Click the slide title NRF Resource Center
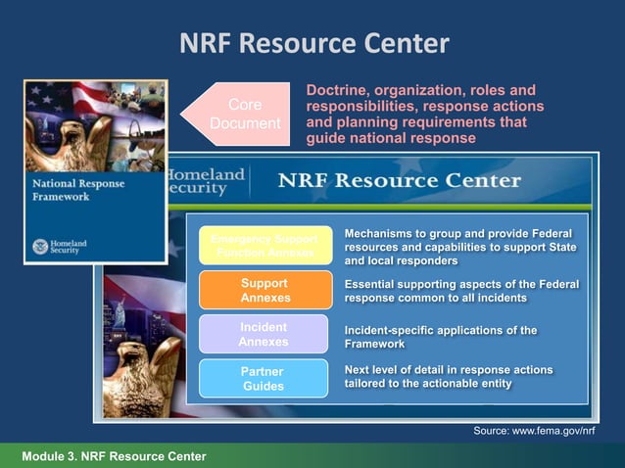(314, 44)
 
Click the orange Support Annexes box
(263, 290)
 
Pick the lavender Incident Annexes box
(263, 334)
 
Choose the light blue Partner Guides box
(263, 378)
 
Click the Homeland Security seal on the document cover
(40, 247)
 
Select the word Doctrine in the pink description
(338, 90)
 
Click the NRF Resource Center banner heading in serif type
(400, 181)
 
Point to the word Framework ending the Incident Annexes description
(374, 345)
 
